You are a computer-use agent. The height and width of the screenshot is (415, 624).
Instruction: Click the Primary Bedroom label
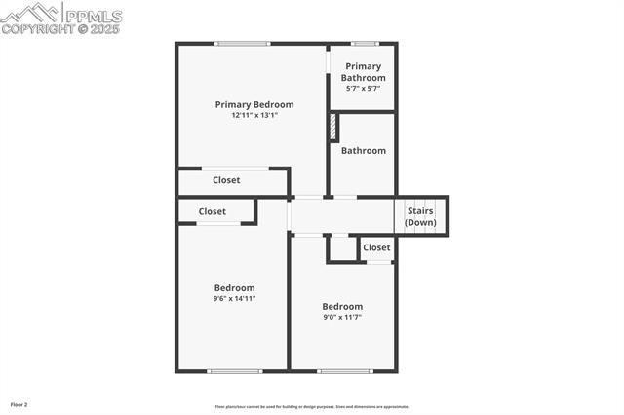click(x=254, y=104)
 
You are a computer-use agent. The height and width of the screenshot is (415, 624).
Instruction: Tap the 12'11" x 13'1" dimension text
click(x=254, y=115)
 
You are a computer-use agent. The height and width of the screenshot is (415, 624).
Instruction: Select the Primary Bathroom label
click(x=363, y=72)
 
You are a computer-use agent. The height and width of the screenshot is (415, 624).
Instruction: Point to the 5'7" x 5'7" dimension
click(x=363, y=89)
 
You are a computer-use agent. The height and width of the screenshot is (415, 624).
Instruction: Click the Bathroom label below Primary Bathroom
click(x=363, y=151)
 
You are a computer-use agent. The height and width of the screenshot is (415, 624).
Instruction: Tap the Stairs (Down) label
click(x=420, y=216)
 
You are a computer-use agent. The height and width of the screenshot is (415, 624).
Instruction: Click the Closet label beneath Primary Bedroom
click(x=226, y=180)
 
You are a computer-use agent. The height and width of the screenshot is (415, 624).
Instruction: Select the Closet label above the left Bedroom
click(x=213, y=211)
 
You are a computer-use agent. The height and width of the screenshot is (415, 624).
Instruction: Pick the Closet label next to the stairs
click(x=376, y=247)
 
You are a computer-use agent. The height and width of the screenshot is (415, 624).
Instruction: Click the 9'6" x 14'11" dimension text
click(x=235, y=299)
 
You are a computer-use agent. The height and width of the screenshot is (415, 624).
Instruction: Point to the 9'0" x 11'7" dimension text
click(x=342, y=317)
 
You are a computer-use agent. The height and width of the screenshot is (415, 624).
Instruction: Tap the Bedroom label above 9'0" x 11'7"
click(x=342, y=306)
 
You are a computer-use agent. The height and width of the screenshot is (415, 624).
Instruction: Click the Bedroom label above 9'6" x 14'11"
click(x=235, y=288)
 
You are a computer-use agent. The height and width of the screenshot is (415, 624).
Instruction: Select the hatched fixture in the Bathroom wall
click(x=333, y=128)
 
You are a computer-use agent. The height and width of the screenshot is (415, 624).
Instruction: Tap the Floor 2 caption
click(x=19, y=403)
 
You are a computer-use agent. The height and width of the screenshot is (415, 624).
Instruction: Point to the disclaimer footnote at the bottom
click(x=312, y=407)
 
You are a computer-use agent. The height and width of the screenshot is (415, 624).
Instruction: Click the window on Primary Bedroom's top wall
click(x=243, y=43)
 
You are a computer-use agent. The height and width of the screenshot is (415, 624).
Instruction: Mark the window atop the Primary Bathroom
click(x=365, y=43)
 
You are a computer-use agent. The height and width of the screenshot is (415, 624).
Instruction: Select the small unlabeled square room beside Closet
click(x=341, y=248)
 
